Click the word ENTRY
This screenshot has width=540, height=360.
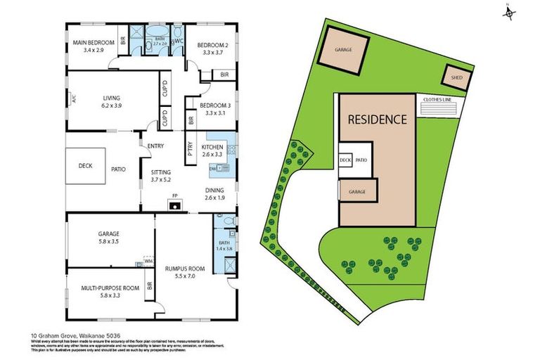click(156, 146)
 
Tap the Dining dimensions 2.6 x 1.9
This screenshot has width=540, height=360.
click(214, 198)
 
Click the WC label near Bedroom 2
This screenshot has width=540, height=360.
click(179, 41)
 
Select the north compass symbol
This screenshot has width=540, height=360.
click(510, 12)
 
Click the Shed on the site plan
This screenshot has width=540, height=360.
click(456, 77)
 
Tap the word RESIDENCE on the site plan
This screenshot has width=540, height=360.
click(377, 119)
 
